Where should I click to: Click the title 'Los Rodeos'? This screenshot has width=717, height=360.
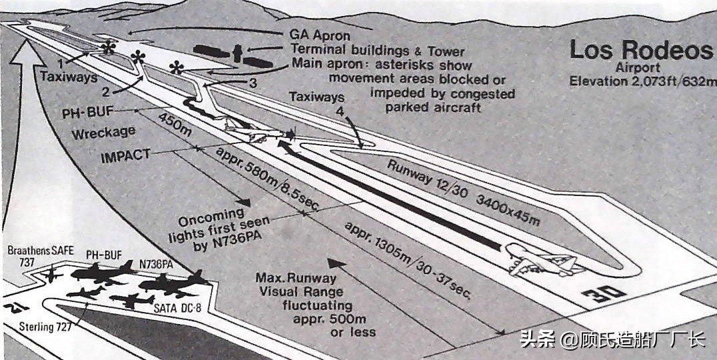click(x=640, y=51)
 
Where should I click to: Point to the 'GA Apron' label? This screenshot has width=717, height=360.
click(x=320, y=35)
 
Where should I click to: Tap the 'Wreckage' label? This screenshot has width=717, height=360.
click(x=103, y=133)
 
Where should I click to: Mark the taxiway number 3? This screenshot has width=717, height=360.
click(x=252, y=83)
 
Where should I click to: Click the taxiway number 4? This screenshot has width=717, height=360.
click(x=340, y=112)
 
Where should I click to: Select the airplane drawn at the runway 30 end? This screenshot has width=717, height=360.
click(x=540, y=260)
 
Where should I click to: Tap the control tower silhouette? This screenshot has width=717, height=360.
click(x=237, y=53)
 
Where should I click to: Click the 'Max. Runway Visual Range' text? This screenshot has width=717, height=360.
click(x=301, y=285)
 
